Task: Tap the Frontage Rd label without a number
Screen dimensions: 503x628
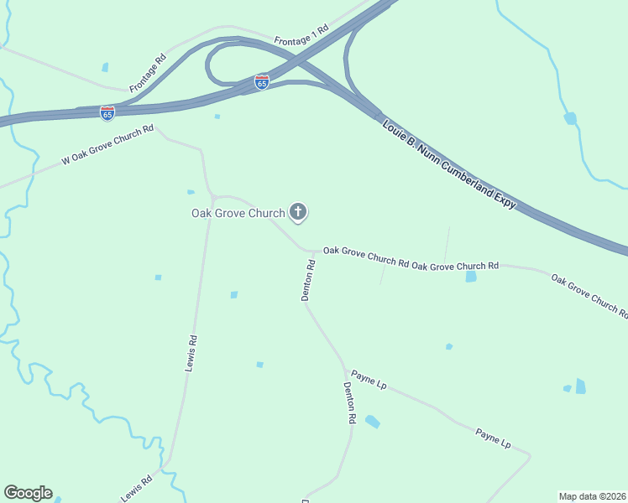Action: tap(148, 74)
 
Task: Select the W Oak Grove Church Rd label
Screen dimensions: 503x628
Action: tap(108, 144)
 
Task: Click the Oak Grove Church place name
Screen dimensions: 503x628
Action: tap(238, 213)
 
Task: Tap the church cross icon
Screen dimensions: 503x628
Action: tap(297, 212)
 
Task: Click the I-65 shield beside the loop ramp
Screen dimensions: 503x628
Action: tap(262, 82)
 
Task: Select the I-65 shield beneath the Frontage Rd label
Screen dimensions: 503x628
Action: tap(107, 112)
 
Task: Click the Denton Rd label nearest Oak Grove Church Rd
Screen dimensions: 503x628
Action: tap(308, 280)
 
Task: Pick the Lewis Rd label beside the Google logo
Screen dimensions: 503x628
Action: tap(136, 489)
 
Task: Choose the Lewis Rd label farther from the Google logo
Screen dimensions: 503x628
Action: tap(191, 354)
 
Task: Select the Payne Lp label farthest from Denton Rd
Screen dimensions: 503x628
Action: tap(493, 438)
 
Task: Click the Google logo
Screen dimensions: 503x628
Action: tap(28, 493)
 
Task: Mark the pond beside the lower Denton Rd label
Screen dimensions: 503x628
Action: tap(372, 422)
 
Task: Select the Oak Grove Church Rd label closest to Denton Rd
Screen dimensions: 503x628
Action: tap(366, 257)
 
